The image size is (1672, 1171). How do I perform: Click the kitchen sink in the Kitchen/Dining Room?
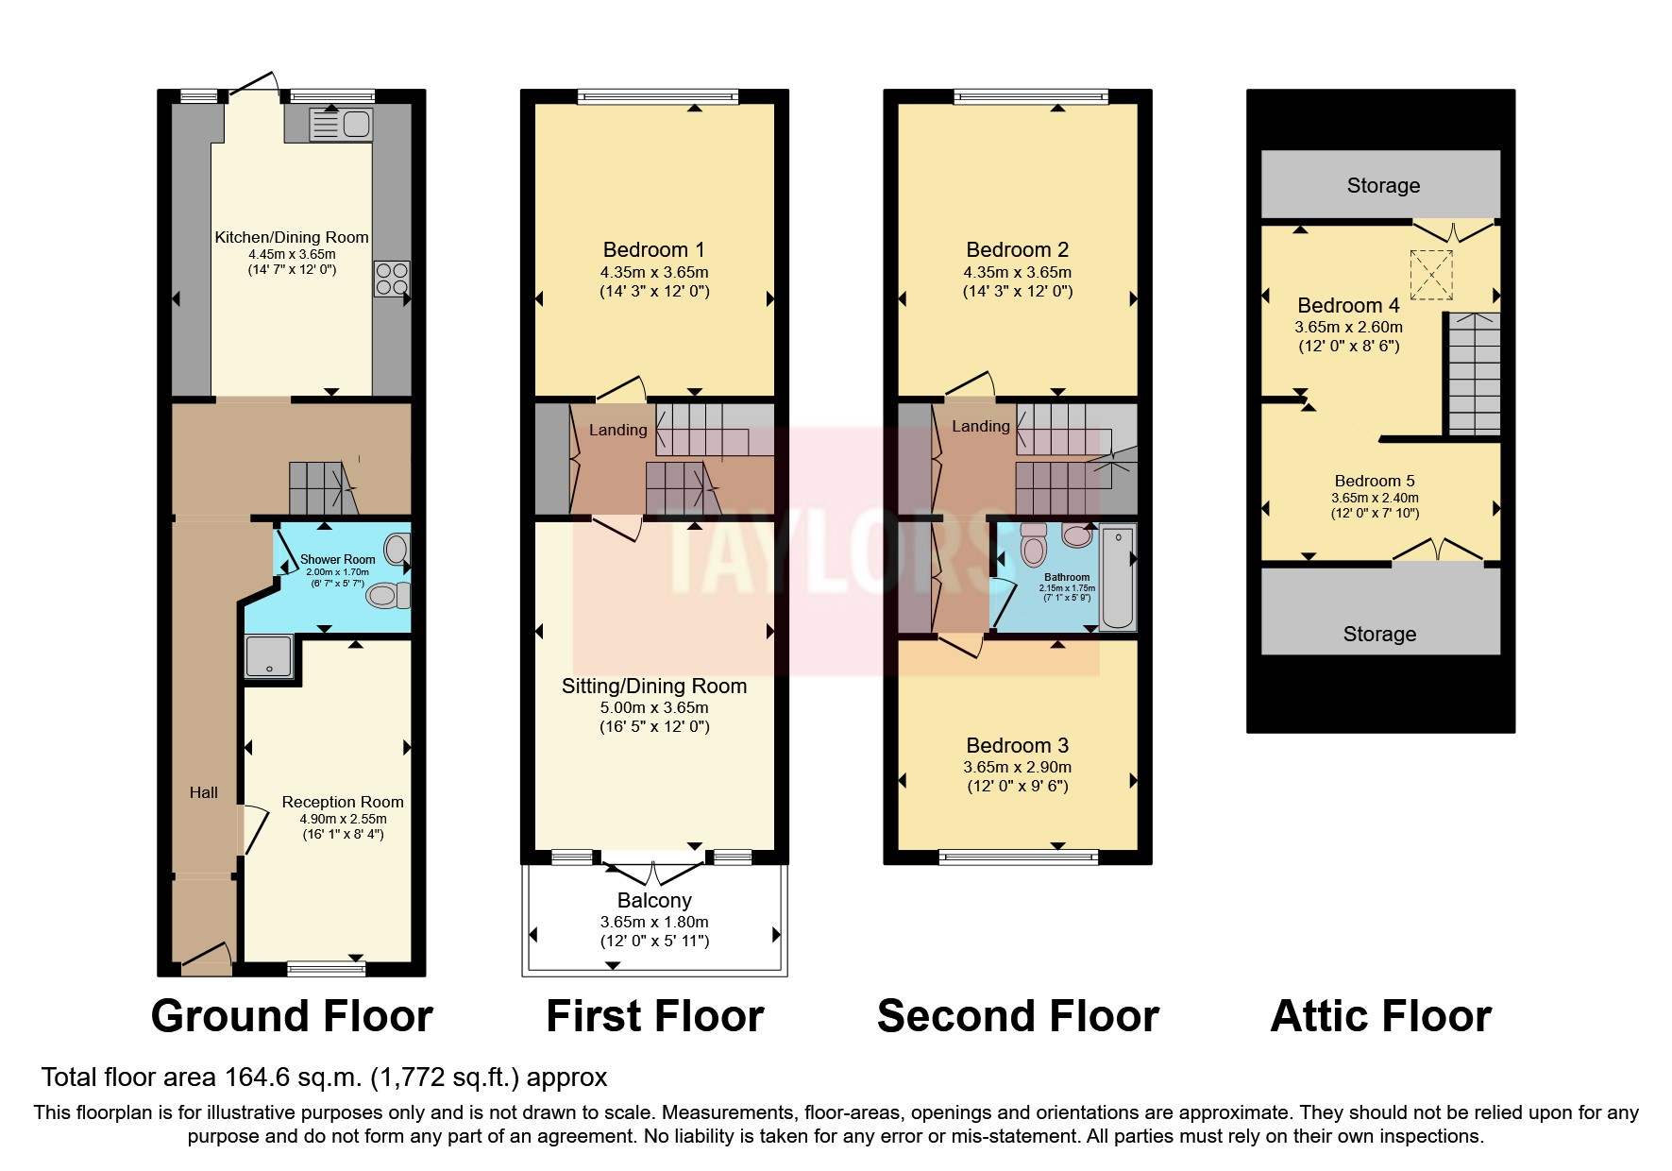[342, 125]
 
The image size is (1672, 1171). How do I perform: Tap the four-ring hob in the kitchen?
[392, 279]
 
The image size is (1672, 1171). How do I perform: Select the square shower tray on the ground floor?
[269, 656]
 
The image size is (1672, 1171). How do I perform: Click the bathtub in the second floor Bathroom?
[1118, 577]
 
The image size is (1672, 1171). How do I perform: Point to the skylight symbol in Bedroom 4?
[1431, 274]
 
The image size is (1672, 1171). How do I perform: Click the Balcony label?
[654, 901]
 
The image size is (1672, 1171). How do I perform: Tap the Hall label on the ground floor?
[204, 793]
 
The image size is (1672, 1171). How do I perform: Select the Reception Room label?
[343, 802]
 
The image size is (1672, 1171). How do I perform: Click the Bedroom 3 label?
[1018, 746]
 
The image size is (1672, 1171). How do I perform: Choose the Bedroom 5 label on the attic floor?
[1375, 481]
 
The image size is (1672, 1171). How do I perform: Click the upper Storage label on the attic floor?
[1383, 186]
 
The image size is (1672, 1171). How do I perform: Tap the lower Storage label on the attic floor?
[1379, 635]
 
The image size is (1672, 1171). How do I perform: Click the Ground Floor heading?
[292, 1017]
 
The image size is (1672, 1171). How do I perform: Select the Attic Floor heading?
[1381, 1017]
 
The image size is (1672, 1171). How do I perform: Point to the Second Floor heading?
[1018, 1017]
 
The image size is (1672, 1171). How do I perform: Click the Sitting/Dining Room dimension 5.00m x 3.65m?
[654, 707]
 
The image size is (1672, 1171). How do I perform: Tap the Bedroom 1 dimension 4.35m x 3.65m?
[654, 272]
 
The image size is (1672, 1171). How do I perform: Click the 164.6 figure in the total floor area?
[259, 1078]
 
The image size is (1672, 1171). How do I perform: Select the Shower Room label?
[338, 560]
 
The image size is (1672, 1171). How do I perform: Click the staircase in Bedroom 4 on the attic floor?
[1473, 374]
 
